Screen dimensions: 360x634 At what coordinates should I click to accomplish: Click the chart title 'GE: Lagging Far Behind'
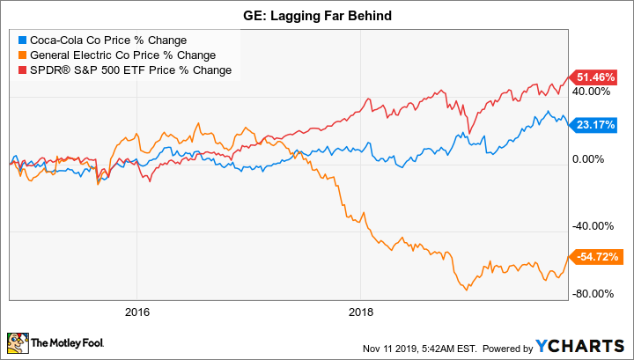tap(317, 15)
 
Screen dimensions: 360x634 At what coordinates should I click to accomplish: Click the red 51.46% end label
tap(595, 77)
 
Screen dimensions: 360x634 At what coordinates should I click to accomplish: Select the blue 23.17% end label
tap(595, 125)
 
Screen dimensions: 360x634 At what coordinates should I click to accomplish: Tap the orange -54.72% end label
tap(595, 256)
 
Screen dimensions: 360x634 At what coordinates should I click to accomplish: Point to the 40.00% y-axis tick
tap(593, 91)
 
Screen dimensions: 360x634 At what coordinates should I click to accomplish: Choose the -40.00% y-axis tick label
tap(593, 226)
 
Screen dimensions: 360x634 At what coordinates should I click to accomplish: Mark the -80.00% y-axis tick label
tap(593, 294)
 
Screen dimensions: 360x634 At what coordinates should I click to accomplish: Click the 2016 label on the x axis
tap(136, 312)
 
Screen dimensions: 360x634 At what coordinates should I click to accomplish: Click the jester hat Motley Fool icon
tap(18, 341)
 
